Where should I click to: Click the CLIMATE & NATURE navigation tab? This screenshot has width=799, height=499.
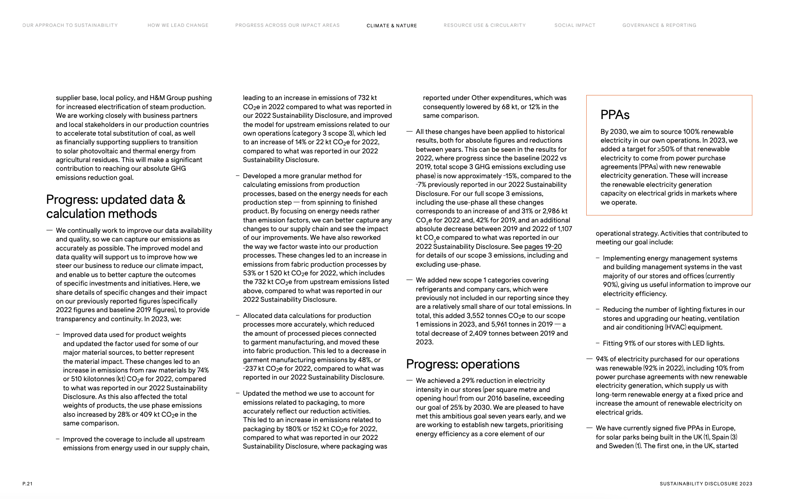pyautogui.click(x=392, y=26)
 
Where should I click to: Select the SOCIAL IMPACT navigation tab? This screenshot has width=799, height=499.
pyautogui.click(x=575, y=25)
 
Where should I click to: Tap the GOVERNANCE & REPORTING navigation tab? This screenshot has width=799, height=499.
pyautogui.click(x=659, y=25)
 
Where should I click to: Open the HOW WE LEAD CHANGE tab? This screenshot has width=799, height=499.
pyautogui.click(x=178, y=25)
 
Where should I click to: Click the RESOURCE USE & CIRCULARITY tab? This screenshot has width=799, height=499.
pyautogui.click(x=485, y=25)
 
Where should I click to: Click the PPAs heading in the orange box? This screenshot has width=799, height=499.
pyautogui.click(x=615, y=115)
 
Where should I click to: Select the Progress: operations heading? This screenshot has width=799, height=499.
pyautogui.click(x=462, y=364)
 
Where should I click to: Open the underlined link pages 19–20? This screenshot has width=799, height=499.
pyautogui.click(x=543, y=247)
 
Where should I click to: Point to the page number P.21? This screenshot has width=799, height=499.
pyautogui.click(x=27, y=483)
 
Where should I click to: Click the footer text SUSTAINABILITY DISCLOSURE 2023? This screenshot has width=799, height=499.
pyautogui.click(x=706, y=483)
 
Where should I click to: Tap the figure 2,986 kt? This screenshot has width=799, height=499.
pyautogui.click(x=555, y=211)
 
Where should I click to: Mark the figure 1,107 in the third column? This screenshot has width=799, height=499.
pyautogui.click(x=564, y=229)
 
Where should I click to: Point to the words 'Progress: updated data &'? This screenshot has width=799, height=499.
pyautogui.click(x=115, y=200)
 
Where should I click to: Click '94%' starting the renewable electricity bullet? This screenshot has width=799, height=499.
pyautogui.click(x=602, y=359)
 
